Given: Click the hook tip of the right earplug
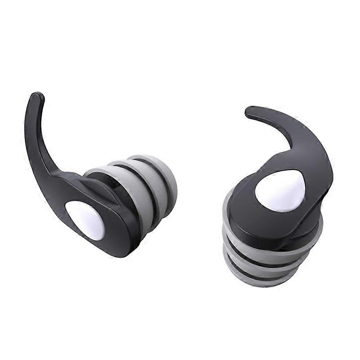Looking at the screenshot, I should pos(250,111).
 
